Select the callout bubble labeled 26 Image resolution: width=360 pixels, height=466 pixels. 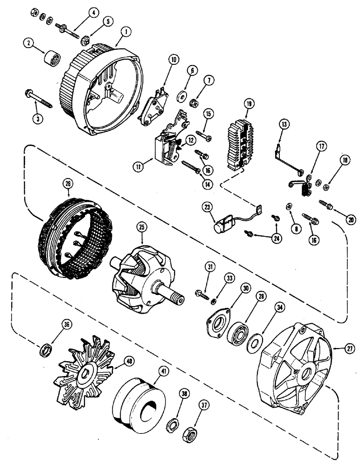pyautogui.click(x=69, y=184)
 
